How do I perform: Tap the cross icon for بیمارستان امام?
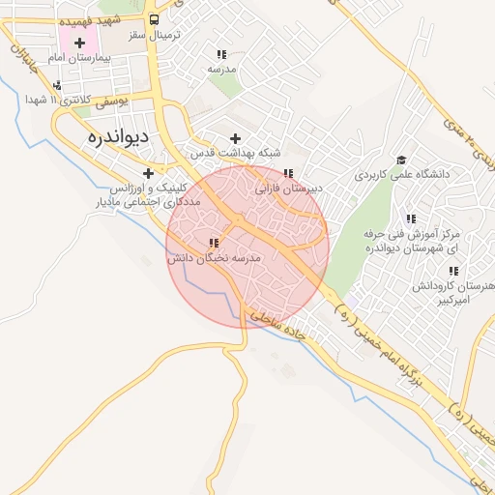tap(79, 43)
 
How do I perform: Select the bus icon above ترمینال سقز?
tap(155, 20)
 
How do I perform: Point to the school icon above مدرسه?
tap(221, 55)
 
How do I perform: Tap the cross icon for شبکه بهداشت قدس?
tap(235, 138)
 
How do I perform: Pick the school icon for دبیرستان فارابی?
tap(288, 174)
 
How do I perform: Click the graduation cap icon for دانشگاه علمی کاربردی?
tap(400, 160)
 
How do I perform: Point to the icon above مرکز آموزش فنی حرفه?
tap(411, 219)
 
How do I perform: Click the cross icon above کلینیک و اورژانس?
tap(148, 172)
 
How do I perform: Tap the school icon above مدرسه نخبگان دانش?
tap(214, 244)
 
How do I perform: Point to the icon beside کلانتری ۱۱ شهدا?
tap(59, 86)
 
